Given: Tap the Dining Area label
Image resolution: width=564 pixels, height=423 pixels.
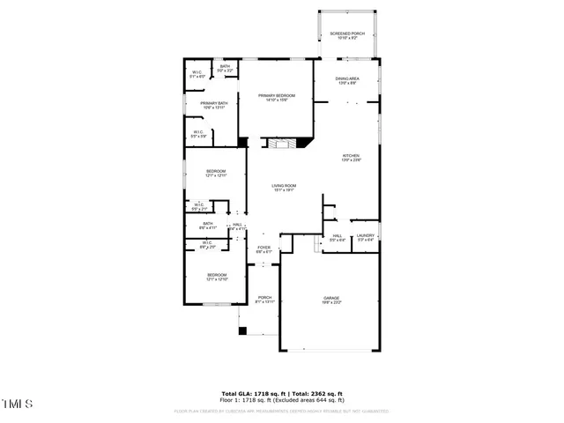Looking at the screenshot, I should click(x=346, y=81).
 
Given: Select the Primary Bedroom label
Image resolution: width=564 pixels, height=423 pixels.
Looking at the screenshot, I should click(x=276, y=97).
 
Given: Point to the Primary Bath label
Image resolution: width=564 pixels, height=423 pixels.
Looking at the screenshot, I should click(x=214, y=106).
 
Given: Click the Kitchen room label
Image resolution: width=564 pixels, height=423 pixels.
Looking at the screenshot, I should click(x=352, y=158).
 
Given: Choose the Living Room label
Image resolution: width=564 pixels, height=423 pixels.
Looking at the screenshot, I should click(x=284, y=187).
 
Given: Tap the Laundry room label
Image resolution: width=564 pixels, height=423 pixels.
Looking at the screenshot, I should click(x=366, y=237).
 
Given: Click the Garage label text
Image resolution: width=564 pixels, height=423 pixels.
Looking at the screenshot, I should click(x=330, y=301).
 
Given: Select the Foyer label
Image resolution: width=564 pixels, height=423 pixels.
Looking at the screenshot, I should click(x=263, y=249).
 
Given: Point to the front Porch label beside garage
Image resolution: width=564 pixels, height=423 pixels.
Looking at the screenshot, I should click(x=264, y=299).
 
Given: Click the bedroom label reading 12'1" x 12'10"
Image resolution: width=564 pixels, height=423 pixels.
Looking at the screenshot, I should click(x=217, y=277).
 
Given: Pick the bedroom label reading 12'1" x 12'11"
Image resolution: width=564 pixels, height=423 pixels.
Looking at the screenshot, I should click(x=216, y=173).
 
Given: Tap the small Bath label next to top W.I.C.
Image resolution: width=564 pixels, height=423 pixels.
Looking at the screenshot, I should click(x=226, y=68).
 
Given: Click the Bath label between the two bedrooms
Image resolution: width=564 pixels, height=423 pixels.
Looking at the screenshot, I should click(x=209, y=226).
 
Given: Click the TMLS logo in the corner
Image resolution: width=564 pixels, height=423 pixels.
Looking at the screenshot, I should click(x=17, y=404).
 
